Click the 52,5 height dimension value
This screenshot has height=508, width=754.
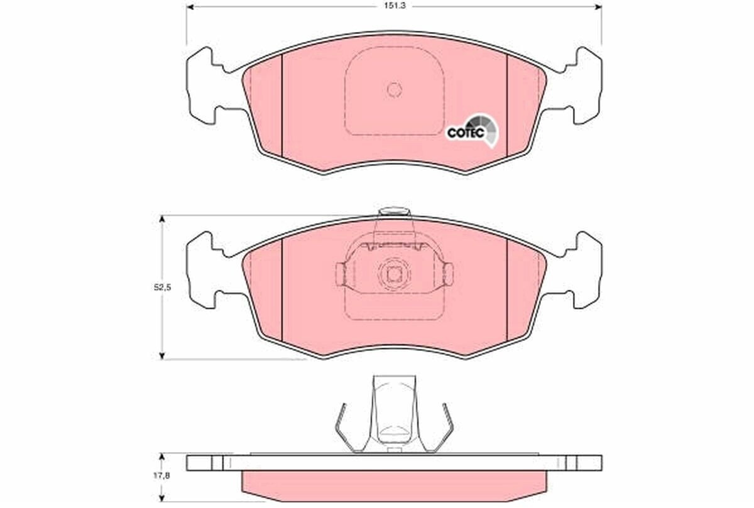(x=163, y=288)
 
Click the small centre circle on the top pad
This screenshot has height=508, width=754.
(x=395, y=90)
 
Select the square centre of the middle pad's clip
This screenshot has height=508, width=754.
(x=394, y=275)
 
